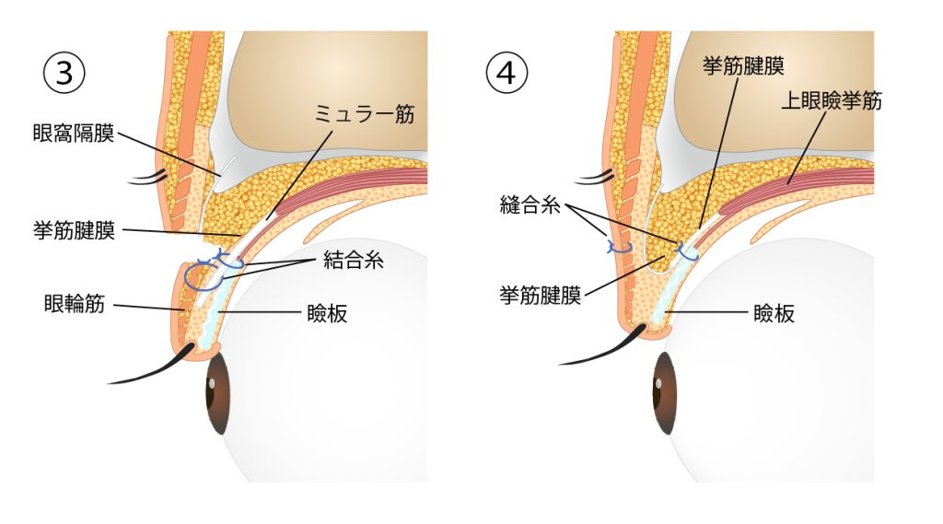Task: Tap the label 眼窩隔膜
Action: [74, 133]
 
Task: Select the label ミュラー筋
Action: [365, 113]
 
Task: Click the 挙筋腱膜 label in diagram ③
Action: [74, 230]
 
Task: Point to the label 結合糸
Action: [354, 261]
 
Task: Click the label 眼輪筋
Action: [74, 304]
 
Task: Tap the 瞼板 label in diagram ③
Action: [327, 313]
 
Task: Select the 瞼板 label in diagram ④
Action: [774, 313]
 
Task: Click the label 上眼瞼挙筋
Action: [832, 100]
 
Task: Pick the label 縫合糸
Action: [530, 205]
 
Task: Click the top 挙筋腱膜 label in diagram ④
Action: [743, 65]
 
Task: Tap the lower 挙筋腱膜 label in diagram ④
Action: [540, 296]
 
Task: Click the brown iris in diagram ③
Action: [217, 393]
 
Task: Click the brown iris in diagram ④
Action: [665, 393]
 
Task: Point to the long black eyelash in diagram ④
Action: [601, 349]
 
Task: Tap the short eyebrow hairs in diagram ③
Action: [147, 178]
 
